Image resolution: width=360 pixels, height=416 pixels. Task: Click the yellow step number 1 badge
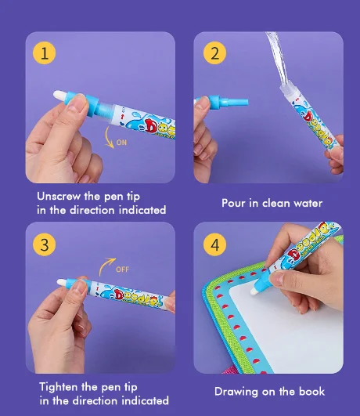pyautogui.click(x=45, y=53)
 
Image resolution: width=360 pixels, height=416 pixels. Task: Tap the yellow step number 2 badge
pyautogui.click(x=214, y=53)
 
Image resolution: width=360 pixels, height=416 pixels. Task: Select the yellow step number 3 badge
pyautogui.click(x=45, y=244)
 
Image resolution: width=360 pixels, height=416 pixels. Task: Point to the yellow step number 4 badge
pyautogui.click(x=214, y=244)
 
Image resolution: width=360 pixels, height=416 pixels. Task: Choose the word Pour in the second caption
pyautogui.click(x=235, y=204)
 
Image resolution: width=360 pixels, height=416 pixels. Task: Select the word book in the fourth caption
pyautogui.click(x=311, y=392)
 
